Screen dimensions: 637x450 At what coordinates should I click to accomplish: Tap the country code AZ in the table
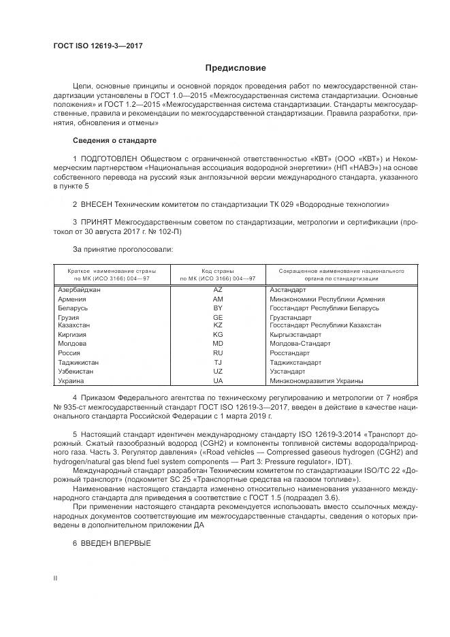coord(218,290)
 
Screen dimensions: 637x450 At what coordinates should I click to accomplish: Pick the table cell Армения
coord(72,299)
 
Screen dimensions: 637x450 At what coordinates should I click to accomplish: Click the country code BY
coord(218,308)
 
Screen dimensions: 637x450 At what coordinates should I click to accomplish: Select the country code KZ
coord(218,326)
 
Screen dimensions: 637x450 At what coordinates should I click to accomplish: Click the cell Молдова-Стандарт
coord(300,344)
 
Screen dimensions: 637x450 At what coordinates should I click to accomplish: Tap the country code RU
coord(218,354)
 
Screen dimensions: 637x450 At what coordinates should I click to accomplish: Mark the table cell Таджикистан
coord(78,363)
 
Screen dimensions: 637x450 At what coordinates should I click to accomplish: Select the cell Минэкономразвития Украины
coord(317,381)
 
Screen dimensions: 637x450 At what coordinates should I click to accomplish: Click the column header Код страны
coord(218,270)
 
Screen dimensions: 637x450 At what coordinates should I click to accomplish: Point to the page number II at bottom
coord(56,578)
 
